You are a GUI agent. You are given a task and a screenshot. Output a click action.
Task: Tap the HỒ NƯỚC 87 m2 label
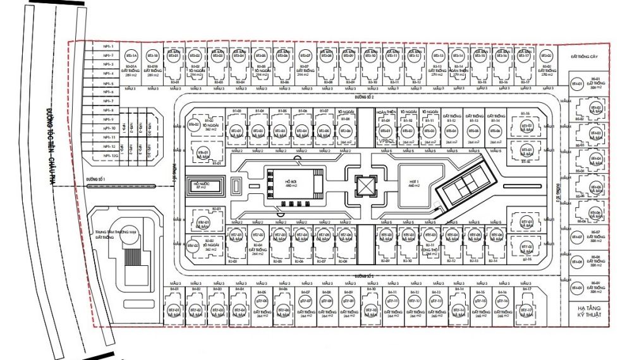[202, 186]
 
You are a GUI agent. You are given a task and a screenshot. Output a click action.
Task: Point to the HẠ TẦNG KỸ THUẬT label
[588, 309]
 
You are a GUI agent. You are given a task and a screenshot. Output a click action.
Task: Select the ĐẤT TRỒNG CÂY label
[584, 57]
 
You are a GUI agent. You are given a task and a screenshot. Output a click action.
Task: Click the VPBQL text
[387, 141]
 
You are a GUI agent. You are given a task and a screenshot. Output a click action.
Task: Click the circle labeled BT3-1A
[131, 56]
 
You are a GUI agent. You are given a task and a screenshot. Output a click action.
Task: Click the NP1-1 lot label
[107, 46]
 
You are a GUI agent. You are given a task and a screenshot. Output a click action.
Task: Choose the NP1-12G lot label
[111, 155]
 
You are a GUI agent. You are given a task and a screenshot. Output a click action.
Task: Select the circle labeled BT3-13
[437, 56]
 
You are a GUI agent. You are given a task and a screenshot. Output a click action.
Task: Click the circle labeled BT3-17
[523, 56]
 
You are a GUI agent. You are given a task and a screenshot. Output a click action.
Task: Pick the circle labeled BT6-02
[194, 125]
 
